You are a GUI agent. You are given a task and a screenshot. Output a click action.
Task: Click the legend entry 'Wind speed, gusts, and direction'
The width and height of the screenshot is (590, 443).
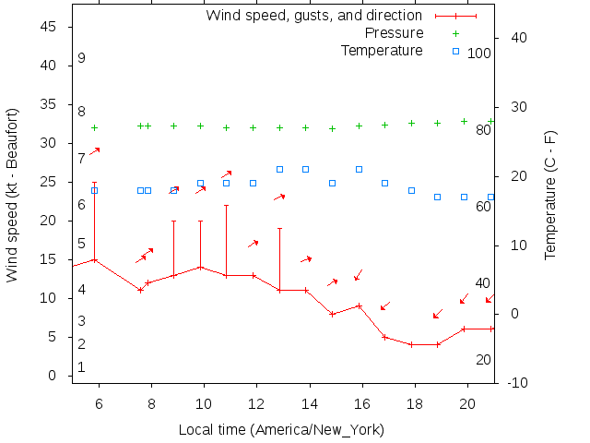coord(313,15)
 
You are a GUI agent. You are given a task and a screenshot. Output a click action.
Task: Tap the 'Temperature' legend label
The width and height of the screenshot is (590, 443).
coord(382,50)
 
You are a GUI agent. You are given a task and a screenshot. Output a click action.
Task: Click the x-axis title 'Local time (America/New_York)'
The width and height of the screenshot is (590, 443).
coord(281,430)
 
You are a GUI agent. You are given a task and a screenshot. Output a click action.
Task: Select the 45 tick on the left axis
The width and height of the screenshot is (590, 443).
coord(50,27)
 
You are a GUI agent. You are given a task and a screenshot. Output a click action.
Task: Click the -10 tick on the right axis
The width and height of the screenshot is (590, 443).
coord(517,383)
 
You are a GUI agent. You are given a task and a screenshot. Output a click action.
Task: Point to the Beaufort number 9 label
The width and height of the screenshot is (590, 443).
coord(82,58)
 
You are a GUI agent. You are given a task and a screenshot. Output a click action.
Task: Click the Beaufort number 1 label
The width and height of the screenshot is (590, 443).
coord(82,367)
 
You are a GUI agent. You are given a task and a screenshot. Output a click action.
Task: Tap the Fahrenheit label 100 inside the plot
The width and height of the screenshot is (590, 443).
coord(479,54)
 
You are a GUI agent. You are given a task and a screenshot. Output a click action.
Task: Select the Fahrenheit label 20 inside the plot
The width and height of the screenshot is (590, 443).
coord(483,359)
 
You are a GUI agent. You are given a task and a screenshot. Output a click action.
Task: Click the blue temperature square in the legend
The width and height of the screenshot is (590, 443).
coord(455,50)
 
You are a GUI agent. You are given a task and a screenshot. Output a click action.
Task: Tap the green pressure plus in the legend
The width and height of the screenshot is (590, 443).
coord(455,32)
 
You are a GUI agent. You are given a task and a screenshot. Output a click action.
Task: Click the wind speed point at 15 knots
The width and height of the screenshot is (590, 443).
coord(94,259)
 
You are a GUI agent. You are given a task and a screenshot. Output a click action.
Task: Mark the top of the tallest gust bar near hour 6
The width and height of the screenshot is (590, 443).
coord(94,183)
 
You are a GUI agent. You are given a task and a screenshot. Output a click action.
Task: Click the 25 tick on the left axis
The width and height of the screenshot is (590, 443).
coord(50,182)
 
